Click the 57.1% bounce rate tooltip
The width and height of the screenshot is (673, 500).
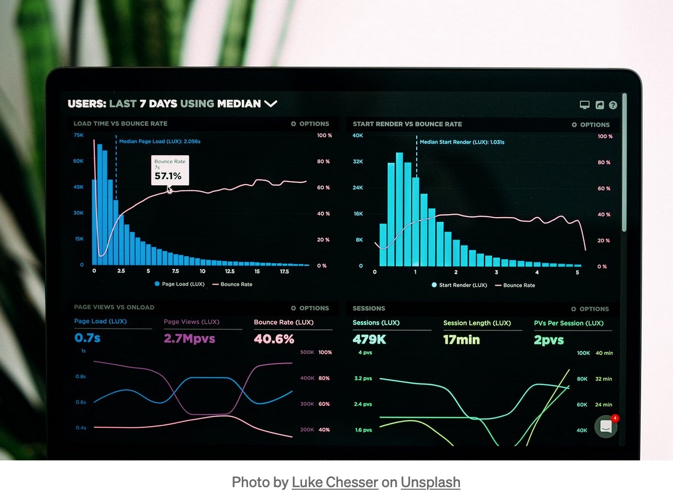tap(170, 170)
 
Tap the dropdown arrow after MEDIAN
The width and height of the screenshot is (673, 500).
tap(271, 104)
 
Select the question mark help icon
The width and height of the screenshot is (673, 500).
tap(613, 105)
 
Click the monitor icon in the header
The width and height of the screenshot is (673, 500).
tap(585, 105)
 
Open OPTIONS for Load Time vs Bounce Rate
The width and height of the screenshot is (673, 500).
tap(310, 124)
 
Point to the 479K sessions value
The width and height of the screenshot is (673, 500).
tap(369, 340)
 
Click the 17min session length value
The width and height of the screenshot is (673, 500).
tap(462, 340)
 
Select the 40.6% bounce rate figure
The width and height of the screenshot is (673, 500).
tap(274, 339)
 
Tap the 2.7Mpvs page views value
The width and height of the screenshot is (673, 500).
tap(189, 338)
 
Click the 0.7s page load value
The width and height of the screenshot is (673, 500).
tap(87, 338)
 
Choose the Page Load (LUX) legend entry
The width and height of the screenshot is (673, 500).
tap(180, 284)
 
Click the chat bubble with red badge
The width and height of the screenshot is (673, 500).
tap(606, 426)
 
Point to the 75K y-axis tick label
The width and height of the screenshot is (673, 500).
tap(78, 135)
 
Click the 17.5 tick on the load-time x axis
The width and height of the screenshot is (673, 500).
tap(284, 271)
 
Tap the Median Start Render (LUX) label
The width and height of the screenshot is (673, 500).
tap(462, 142)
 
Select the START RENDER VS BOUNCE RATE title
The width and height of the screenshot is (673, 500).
tap(407, 124)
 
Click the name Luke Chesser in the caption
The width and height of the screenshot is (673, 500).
tap(334, 483)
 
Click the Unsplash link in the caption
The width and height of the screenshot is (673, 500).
tap(430, 483)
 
